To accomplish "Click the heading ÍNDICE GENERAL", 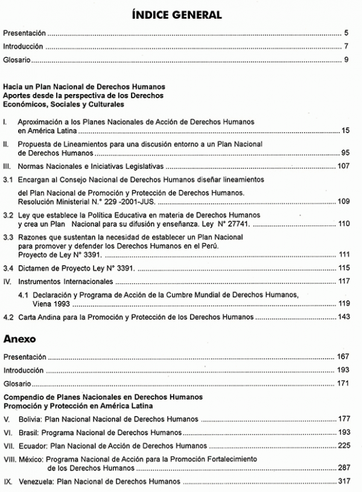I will tap(180, 13).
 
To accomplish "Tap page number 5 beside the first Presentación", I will tap(346, 33).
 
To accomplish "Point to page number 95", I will tap(345, 153).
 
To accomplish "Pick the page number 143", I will tap(343, 317).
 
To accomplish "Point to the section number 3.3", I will tap(8, 238).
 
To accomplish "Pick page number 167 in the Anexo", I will tap(343, 357).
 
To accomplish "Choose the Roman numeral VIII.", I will tap(10, 459).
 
